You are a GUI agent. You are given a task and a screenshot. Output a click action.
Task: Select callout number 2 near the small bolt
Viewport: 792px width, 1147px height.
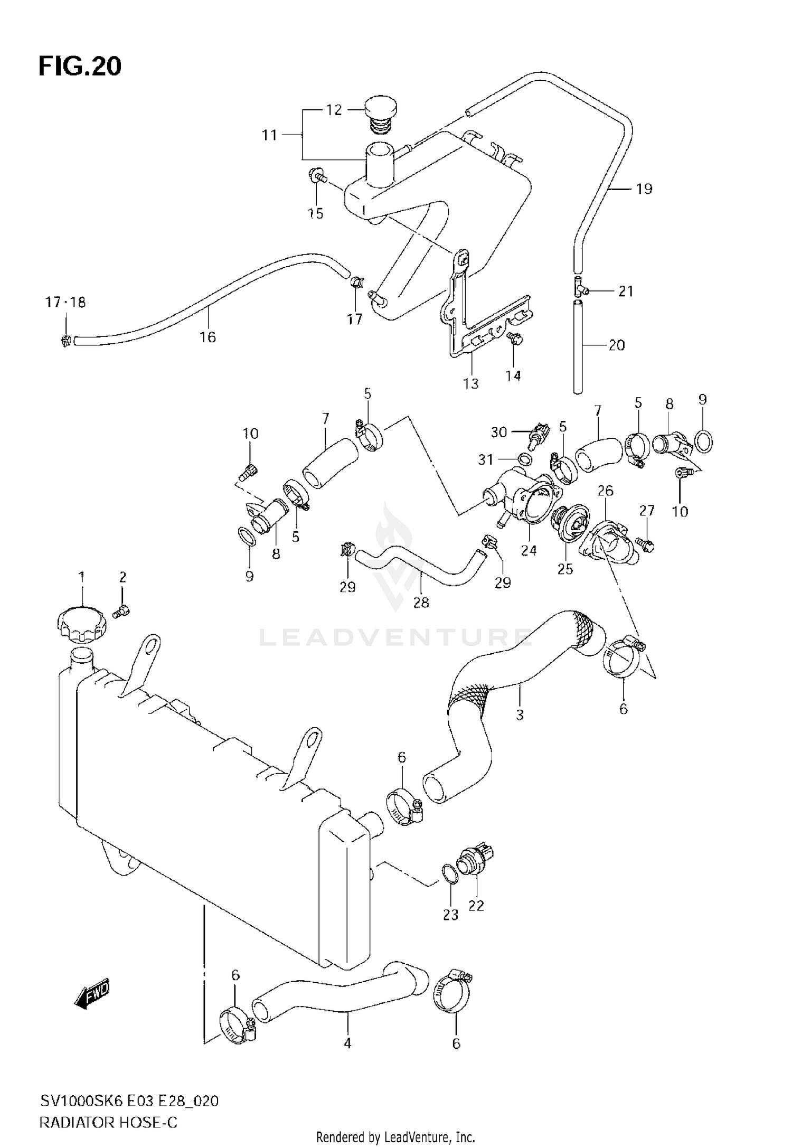click(122, 578)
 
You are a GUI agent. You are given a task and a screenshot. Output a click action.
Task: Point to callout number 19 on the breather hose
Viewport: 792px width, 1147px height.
click(644, 189)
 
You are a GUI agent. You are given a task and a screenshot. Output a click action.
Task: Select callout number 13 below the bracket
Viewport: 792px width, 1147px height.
click(470, 383)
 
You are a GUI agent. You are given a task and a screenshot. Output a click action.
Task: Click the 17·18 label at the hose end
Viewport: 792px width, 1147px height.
click(65, 303)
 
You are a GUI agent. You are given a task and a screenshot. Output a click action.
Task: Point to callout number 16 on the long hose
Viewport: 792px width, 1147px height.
click(208, 337)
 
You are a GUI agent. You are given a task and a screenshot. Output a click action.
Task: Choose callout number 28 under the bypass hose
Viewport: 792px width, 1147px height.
click(421, 602)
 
